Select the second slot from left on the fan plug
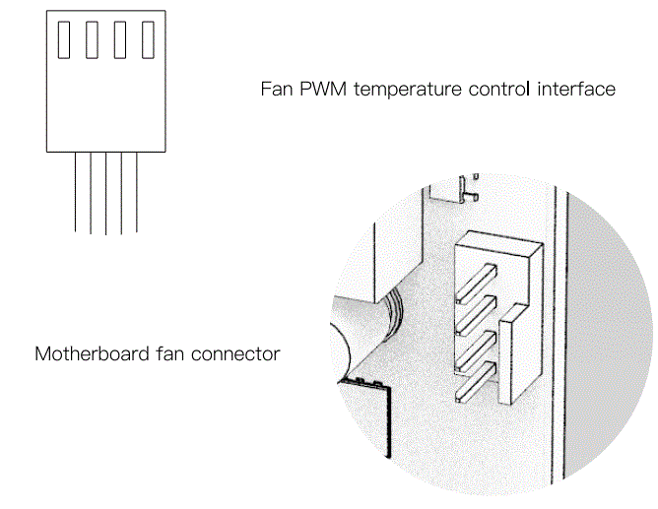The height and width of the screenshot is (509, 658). tap(92, 39)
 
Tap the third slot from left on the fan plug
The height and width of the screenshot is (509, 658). tap(120, 39)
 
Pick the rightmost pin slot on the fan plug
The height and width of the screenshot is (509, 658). tap(149, 39)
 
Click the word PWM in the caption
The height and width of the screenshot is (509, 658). tap(320, 90)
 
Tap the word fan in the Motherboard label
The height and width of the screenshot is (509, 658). tap(173, 352)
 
